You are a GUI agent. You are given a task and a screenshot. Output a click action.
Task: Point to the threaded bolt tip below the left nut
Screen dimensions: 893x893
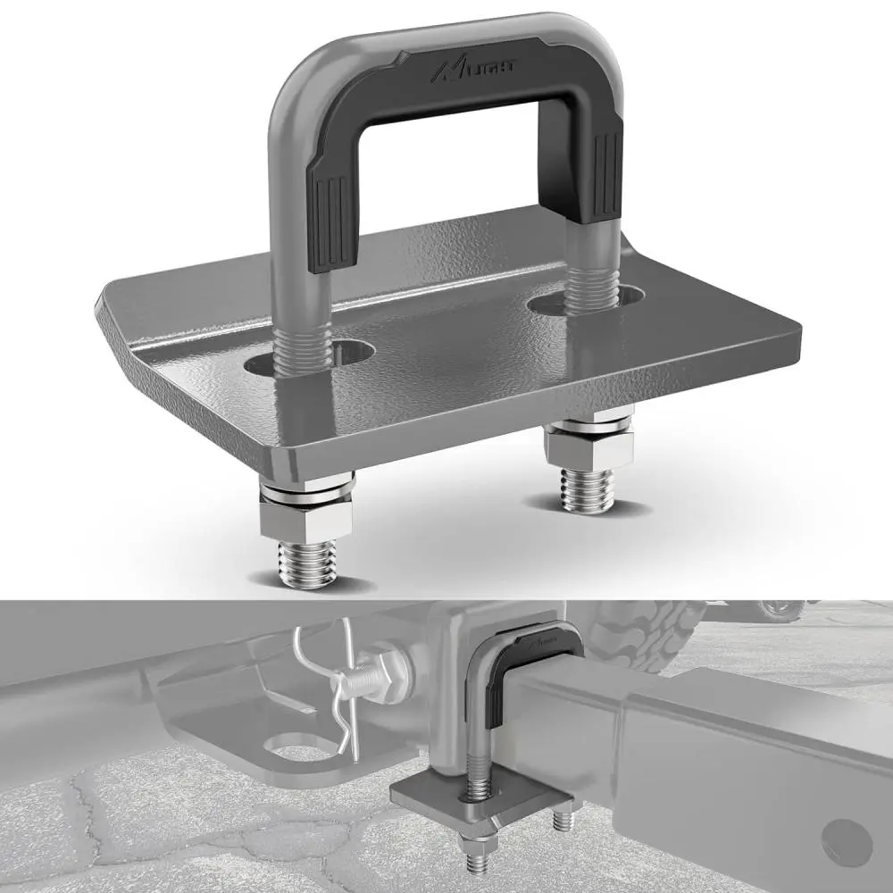[x=307, y=564]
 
